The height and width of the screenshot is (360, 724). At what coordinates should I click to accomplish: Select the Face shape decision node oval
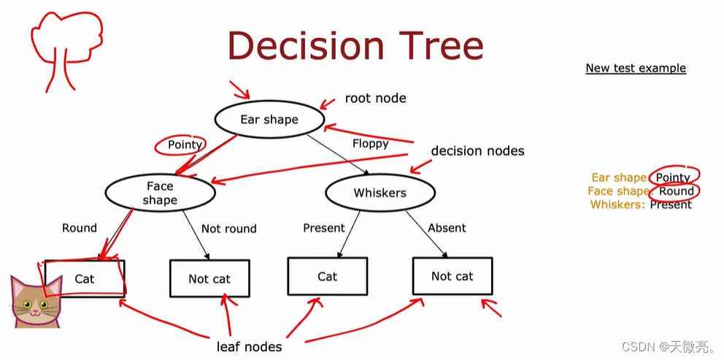(x=160, y=193)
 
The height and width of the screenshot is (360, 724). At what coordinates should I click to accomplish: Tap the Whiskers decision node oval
(x=380, y=193)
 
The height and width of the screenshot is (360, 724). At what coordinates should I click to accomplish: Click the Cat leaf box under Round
(x=85, y=279)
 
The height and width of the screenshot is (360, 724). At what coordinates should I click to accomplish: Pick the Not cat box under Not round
(x=209, y=278)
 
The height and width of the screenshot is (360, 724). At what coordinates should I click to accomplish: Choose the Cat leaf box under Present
(x=328, y=276)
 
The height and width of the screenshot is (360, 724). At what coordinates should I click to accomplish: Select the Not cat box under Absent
(x=452, y=276)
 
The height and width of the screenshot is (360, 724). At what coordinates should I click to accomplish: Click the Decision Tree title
(x=355, y=45)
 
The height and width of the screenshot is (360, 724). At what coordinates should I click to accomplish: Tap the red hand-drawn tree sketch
(x=65, y=48)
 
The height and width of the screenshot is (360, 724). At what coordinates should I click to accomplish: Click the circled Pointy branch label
(x=185, y=145)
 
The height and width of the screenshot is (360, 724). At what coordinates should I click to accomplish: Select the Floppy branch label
(x=370, y=143)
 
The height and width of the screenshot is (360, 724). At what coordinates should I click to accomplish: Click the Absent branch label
(x=447, y=228)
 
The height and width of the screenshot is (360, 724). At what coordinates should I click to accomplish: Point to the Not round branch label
(x=228, y=229)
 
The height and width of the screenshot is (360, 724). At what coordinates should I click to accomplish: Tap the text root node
(x=375, y=98)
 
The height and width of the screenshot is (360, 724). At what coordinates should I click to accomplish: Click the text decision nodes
(x=477, y=151)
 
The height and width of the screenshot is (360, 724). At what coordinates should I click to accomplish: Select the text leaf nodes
(x=250, y=346)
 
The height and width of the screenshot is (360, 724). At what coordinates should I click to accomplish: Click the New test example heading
(x=636, y=68)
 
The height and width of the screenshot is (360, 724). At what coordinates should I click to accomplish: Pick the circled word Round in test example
(x=677, y=191)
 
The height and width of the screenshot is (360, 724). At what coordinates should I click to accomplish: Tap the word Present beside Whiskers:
(x=671, y=204)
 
